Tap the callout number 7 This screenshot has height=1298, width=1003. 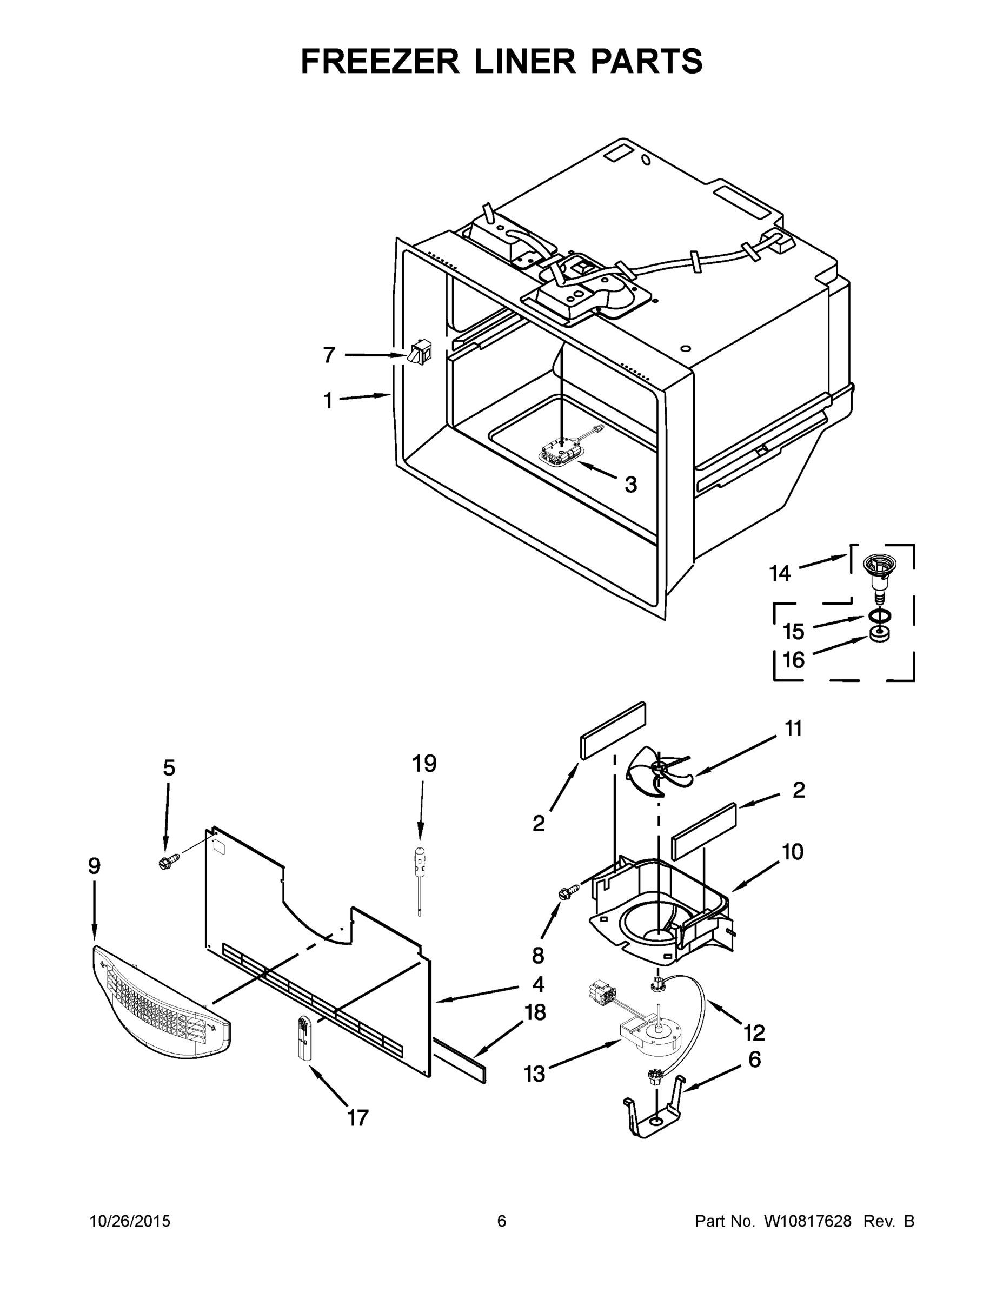pos(329,355)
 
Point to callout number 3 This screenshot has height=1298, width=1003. pos(630,485)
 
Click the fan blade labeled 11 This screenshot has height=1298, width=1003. pos(659,773)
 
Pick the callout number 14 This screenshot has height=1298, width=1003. pos(780,573)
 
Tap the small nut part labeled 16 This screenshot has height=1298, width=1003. pos(879,634)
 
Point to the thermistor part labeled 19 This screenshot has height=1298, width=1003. pos(420,879)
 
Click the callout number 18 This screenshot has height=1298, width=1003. pos(535,1012)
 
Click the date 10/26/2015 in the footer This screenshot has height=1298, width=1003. pos(130,1221)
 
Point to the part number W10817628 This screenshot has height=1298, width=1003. pos(807,1221)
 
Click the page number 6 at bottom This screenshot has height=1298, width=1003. pos(502,1221)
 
